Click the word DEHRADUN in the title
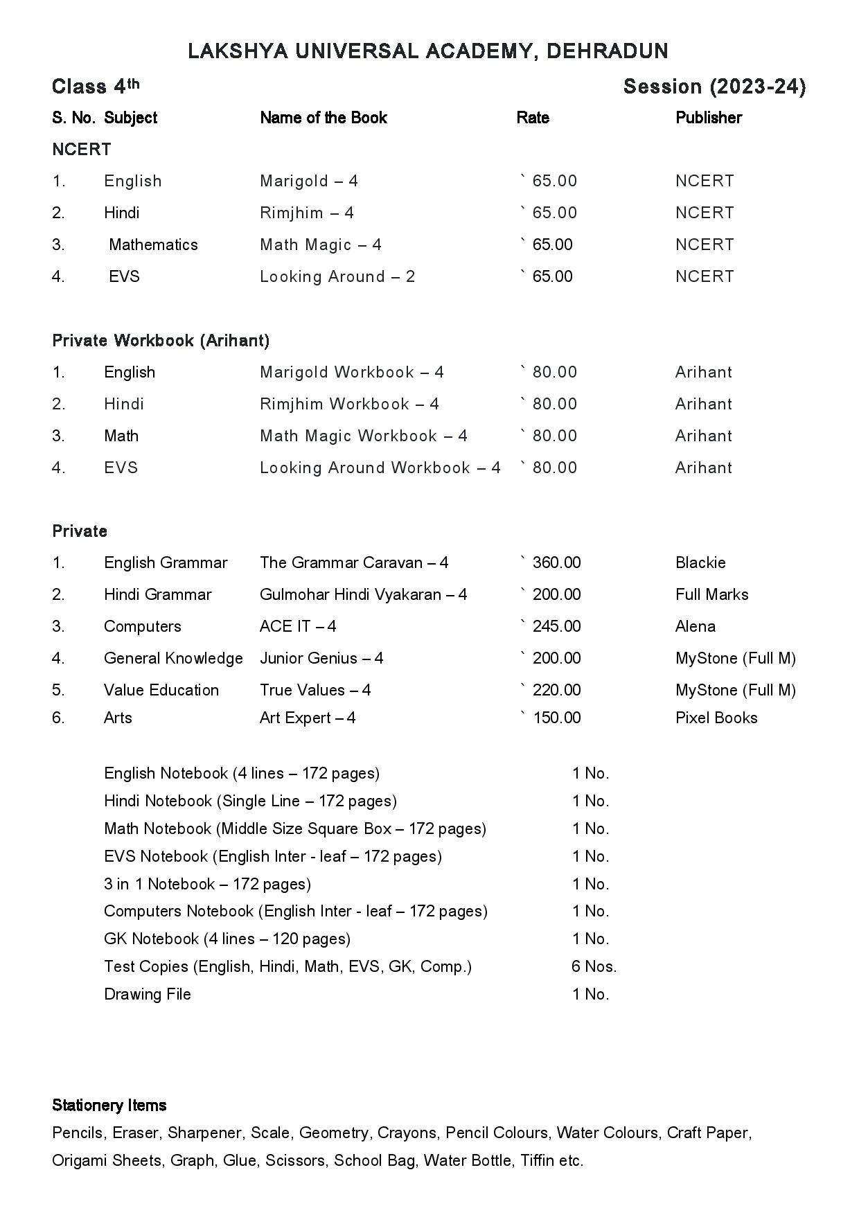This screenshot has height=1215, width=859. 608,51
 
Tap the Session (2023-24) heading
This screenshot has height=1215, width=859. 714,87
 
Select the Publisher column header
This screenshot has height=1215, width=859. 708,118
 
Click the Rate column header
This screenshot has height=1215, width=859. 533,118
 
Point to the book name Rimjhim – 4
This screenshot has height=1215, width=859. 306,213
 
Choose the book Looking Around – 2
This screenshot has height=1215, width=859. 337,276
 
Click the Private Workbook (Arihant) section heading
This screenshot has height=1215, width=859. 161,340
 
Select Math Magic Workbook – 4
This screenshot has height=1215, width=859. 363,436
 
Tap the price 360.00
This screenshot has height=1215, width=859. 556,562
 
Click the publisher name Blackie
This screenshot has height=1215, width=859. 700,562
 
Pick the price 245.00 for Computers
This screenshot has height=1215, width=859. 556,626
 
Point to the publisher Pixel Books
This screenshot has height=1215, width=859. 716,718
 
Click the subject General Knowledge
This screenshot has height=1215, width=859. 173,658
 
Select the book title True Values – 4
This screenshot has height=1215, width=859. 315,690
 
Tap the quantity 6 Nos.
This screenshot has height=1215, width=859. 594,966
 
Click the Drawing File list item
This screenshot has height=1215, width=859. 147,994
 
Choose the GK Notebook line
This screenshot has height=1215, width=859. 227,939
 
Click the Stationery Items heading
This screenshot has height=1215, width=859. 109,1105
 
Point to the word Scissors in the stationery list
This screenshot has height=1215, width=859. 295,1160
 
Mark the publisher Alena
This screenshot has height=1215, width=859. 695,626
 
